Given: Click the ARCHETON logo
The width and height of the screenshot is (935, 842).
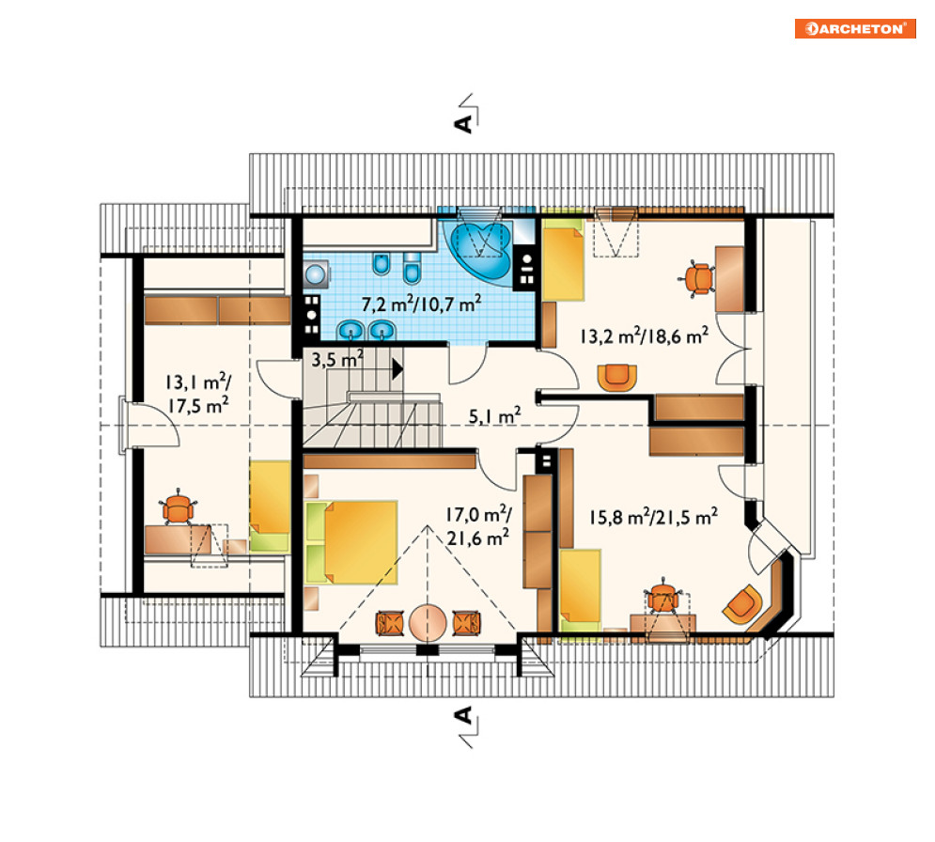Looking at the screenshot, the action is [855, 28].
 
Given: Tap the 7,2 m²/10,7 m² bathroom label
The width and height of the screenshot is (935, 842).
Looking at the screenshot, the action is [422, 304].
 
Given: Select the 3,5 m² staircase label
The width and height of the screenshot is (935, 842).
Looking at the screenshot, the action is [337, 359].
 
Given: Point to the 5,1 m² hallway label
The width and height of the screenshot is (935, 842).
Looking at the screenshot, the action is [494, 415].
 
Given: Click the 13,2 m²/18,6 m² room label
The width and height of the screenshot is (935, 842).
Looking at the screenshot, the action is [644, 335].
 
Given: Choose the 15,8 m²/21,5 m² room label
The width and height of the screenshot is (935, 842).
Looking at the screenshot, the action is [653, 517].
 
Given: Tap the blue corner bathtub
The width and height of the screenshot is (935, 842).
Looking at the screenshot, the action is [482, 252].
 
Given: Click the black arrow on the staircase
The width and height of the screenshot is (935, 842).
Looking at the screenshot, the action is [397, 369].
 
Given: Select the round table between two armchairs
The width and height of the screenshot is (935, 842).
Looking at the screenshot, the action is [428, 623].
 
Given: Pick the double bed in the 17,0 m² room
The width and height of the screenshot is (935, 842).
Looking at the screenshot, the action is [351, 542].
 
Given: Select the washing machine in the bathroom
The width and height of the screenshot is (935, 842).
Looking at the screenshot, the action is [316, 274].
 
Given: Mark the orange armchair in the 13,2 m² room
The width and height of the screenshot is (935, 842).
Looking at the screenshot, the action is [617, 378].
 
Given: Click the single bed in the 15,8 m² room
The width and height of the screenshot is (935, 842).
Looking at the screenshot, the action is [580, 590].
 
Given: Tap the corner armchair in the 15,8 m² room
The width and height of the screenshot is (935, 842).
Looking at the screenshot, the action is [743, 604].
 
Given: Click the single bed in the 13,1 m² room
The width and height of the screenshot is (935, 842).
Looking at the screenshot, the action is [270, 506].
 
